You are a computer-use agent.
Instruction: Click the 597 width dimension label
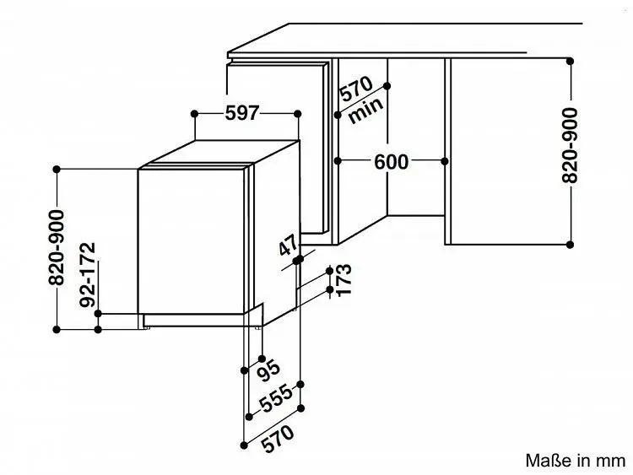coord(241,113)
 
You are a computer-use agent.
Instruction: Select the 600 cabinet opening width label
coord(391,162)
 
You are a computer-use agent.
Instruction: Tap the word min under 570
coord(365,110)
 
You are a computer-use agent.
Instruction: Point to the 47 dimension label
coord(289,246)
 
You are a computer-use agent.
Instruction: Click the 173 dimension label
coord(344,280)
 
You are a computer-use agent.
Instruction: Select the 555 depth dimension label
coord(275,399)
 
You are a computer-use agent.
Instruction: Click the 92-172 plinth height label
coord(88,274)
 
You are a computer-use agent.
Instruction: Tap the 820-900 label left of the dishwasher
coord(56,248)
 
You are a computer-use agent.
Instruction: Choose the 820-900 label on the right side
coord(570,145)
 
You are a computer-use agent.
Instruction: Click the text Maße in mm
coord(576,461)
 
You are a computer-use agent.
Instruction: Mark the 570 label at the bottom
coord(278,438)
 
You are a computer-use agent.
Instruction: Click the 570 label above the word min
coord(356,89)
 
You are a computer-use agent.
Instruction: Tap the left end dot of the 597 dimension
coord(194,114)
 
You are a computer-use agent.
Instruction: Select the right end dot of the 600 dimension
coord(445,161)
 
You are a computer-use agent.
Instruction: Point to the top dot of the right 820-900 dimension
coord(570,62)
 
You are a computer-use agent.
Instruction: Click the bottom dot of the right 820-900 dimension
coord(570,245)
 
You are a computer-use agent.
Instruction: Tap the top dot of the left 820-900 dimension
coord(57,170)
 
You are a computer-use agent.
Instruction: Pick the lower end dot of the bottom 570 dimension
coord(243,445)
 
